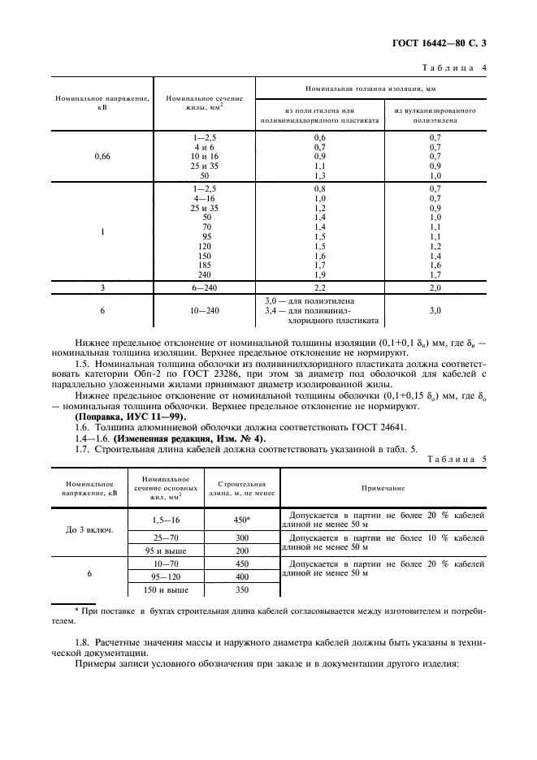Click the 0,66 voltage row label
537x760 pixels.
(102, 156)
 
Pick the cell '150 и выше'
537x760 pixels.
(155, 589)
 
